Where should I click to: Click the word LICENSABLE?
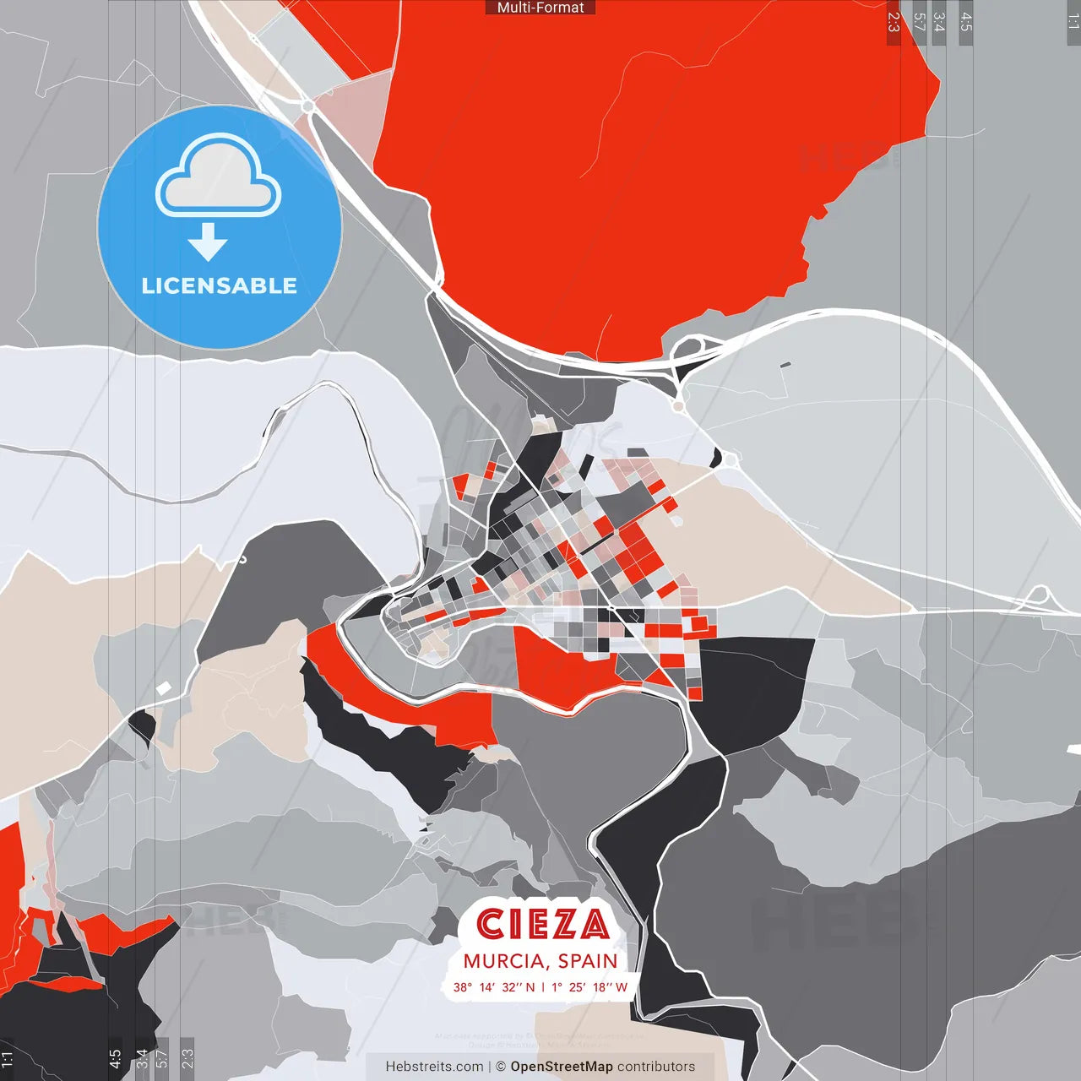point(220,285)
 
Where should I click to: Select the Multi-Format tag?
point(540,8)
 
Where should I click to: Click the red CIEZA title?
point(541,925)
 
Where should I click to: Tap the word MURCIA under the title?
point(503,961)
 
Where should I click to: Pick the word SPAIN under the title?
point(588,961)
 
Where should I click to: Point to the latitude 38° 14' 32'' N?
point(493,987)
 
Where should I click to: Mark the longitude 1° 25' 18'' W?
point(588,987)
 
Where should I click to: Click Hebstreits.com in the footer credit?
point(434,1067)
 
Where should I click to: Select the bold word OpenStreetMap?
point(562,1067)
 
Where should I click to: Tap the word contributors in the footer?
point(656,1067)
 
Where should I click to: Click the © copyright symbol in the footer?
point(501,1067)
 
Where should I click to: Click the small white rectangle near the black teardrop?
point(164,688)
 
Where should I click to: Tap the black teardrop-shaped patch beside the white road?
point(143,725)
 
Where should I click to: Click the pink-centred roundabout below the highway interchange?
point(677,406)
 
